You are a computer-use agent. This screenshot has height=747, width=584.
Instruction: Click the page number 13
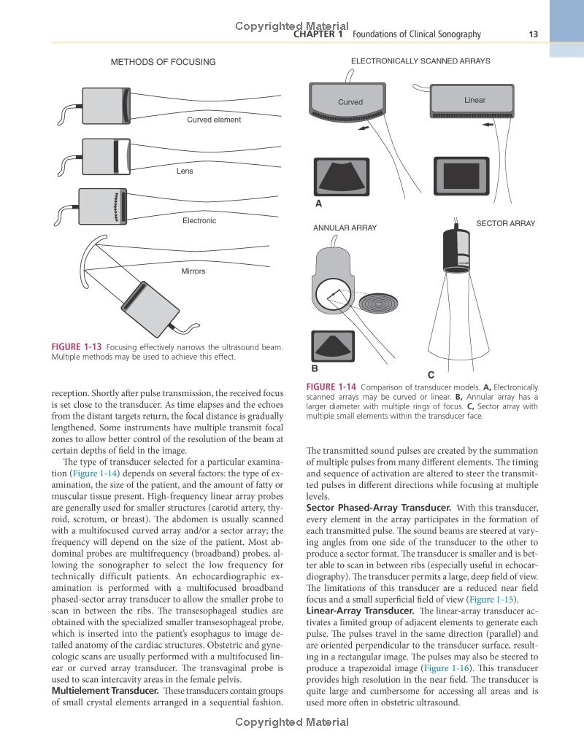pos(533,34)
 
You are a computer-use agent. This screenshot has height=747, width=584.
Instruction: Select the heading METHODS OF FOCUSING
pos(163,62)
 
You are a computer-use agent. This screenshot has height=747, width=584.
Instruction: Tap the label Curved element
pos(213,120)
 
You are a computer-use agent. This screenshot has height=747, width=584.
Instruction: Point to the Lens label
pos(185,171)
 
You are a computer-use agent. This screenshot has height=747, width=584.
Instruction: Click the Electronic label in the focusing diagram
pos(199,220)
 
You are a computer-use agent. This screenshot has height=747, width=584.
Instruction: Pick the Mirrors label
pos(193,271)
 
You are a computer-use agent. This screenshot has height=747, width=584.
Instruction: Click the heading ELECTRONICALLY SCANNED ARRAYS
pos(420,61)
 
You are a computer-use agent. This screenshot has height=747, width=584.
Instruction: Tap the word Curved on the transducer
pos(350,102)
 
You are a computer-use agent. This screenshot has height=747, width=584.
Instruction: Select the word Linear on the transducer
pos(474,100)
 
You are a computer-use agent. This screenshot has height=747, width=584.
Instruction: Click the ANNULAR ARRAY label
pos(345,228)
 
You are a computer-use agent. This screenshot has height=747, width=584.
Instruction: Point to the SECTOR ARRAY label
pos(505,223)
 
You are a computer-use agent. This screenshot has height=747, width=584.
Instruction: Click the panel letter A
pos(318,204)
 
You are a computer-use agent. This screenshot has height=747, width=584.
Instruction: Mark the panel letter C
pos(431,375)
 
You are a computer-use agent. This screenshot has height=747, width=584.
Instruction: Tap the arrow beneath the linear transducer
pos(488,125)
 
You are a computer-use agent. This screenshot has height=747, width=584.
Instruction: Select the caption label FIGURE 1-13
pos(77,347)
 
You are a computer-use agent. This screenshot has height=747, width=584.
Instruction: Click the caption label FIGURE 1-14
pos(331,387)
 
